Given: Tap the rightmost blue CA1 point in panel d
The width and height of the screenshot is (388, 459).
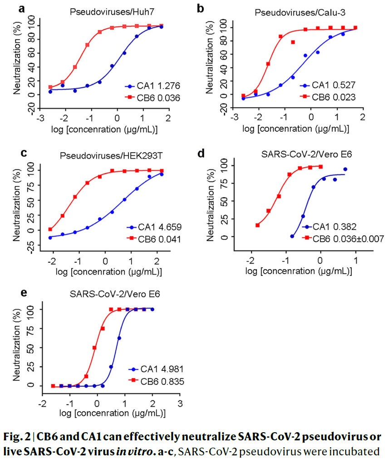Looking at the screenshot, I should [x=345, y=170].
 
